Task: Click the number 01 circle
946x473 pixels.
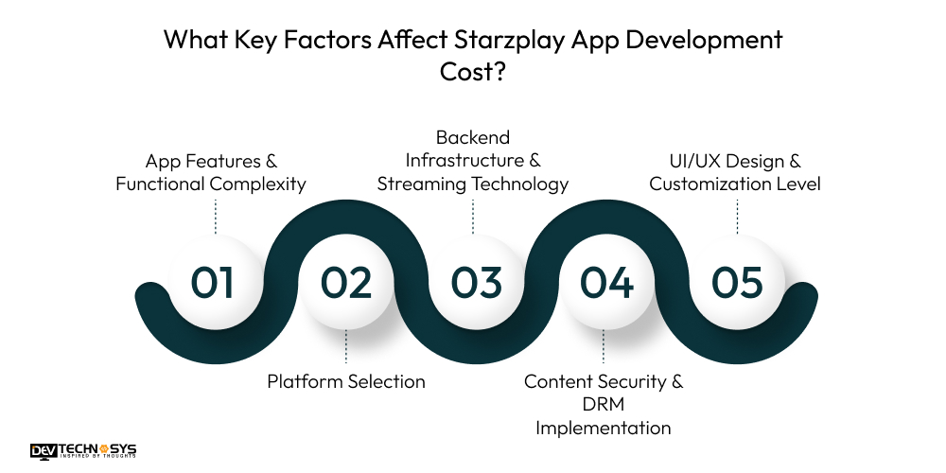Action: tap(214, 283)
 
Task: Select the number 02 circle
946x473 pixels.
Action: tap(345, 283)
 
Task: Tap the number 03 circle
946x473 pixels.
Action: tap(476, 283)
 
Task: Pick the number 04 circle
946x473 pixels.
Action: tap(606, 283)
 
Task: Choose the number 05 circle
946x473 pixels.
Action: tap(737, 283)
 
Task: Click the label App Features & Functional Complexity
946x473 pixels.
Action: tap(211, 173)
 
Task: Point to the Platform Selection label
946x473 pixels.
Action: tap(345, 382)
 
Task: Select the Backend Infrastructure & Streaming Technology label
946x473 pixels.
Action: tap(473, 161)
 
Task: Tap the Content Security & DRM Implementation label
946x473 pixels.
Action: tap(604, 405)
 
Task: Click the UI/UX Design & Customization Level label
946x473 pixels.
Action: tap(735, 173)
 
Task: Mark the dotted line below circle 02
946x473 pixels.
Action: tap(345, 346)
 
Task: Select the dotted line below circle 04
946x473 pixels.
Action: tap(604, 346)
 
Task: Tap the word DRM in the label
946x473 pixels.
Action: tap(604, 405)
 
